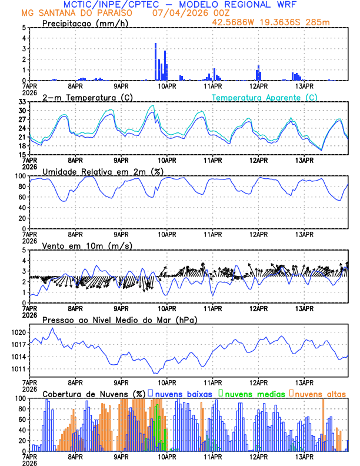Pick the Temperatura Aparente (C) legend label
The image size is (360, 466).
click(x=264, y=97)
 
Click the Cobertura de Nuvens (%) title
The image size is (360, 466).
click(x=94, y=394)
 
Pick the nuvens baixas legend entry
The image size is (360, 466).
click(x=183, y=394)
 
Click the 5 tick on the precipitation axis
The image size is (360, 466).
click(x=24, y=28)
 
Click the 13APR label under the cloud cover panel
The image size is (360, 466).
click(x=304, y=457)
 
